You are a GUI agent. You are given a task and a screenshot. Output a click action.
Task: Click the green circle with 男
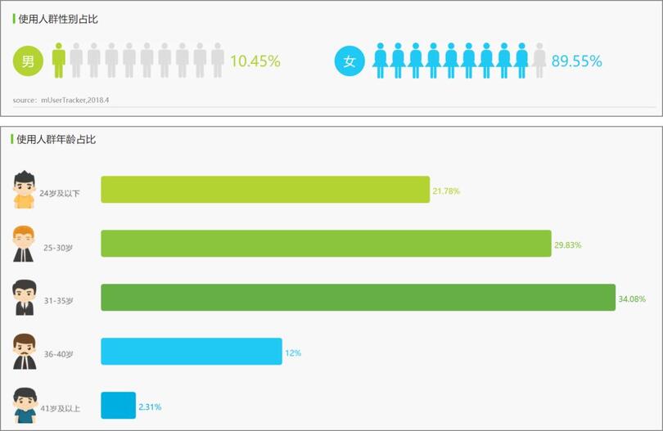tap(28, 61)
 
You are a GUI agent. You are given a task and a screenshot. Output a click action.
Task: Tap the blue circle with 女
tap(350, 61)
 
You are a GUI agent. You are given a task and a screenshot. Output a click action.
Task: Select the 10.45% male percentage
tap(255, 61)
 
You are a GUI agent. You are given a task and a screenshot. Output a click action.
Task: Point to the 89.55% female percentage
tap(577, 61)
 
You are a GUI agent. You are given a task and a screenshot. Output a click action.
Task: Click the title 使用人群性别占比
tap(58, 19)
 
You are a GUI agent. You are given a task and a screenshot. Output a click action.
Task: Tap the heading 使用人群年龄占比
tap(56, 140)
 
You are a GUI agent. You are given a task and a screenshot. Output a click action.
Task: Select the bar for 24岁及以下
tap(265, 190)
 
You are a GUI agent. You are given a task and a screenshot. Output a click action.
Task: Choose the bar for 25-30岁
tap(326, 244)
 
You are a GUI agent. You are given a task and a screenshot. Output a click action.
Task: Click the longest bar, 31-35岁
tap(358, 298)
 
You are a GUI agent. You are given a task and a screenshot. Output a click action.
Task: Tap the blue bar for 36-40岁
tap(192, 352)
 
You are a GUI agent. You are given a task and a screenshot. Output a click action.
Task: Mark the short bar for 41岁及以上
tap(118, 406)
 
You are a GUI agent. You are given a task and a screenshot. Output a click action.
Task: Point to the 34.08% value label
tap(632, 299)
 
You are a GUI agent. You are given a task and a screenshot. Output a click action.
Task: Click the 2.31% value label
tap(151, 406)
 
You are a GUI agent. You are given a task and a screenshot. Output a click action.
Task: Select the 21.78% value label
tap(446, 191)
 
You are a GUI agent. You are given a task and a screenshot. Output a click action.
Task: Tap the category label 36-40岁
tap(59, 354)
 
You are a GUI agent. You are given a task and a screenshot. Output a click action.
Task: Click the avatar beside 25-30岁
tap(24, 244)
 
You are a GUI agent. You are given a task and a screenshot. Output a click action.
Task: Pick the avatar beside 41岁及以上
tap(25, 406)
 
